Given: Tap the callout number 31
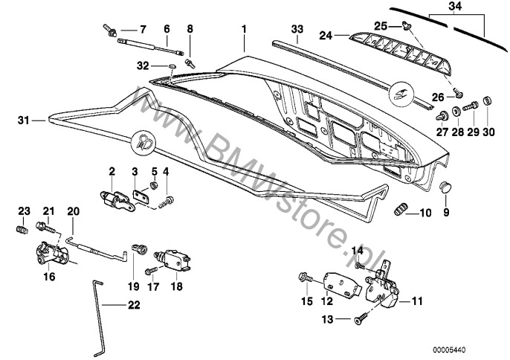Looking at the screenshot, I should tap(23, 119).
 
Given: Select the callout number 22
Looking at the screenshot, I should tap(132, 303).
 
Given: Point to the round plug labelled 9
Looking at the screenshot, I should tap(445, 186).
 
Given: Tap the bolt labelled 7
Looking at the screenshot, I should tap(112, 32).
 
